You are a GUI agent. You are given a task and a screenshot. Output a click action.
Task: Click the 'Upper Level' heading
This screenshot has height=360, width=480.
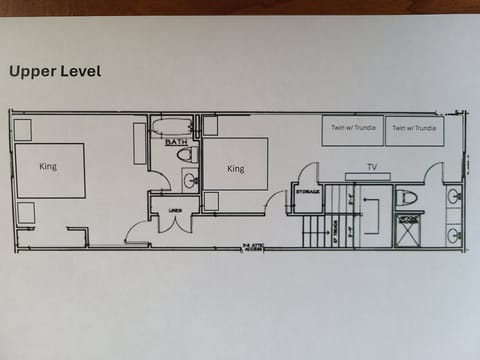click(x=55, y=71)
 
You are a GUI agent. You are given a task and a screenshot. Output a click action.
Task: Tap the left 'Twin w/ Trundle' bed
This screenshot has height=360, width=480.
click(x=352, y=130)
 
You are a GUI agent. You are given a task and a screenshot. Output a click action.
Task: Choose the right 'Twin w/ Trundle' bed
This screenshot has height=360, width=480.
click(x=414, y=130)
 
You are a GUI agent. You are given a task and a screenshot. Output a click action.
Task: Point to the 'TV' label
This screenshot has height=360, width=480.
click(x=371, y=166)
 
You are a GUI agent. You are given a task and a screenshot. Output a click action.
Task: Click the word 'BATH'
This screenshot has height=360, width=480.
click(x=175, y=143)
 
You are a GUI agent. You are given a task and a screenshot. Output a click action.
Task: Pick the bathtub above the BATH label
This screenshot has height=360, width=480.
click(x=173, y=127)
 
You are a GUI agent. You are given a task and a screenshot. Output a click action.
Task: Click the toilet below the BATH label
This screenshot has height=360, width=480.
click(x=187, y=155)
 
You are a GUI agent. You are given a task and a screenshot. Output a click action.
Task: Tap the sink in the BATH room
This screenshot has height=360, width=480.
click(x=189, y=181)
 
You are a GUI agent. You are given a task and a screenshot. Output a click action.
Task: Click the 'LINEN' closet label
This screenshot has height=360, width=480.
click(x=175, y=210)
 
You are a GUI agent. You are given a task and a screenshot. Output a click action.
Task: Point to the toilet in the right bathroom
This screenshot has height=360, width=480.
click(x=407, y=197)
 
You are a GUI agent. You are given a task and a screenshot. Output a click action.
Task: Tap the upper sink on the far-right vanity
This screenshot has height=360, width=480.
click(x=453, y=196)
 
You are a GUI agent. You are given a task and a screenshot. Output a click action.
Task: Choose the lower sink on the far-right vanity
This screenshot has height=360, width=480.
click(x=453, y=235)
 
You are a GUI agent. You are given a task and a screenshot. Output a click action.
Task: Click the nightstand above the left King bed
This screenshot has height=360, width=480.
click(x=22, y=129)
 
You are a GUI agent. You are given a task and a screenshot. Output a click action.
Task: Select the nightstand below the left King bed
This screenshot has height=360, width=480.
click(x=26, y=212)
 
